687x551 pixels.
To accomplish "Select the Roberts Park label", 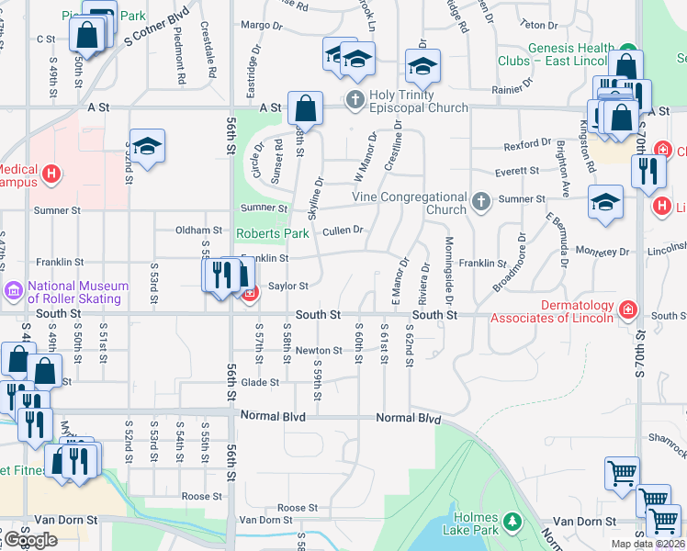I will (x=272, y=233).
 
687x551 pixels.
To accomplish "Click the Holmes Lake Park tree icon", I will (x=512, y=523).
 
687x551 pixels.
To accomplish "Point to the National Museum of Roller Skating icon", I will (x=14, y=292).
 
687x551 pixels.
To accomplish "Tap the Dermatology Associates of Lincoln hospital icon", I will (x=627, y=309).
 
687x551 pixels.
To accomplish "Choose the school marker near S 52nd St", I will (x=147, y=146).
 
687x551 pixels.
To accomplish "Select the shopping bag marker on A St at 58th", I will (x=305, y=108).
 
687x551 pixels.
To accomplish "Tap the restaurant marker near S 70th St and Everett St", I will (x=648, y=170).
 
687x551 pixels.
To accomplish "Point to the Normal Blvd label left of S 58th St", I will (x=273, y=416).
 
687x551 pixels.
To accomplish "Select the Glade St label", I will (x=260, y=382).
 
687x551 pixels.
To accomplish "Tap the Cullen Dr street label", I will (x=343, y=230).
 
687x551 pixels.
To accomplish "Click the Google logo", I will (x=29, y=539).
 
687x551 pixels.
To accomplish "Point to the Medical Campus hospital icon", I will (x=51, y=172).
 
